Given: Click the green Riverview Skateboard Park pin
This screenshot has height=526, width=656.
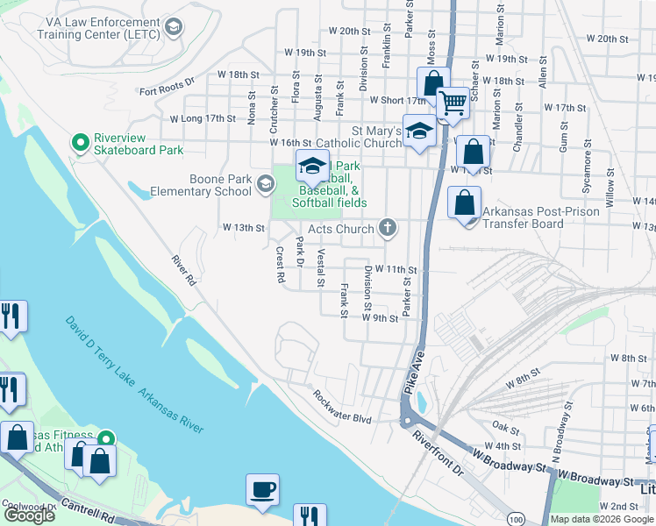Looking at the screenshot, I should [x=81, y=142].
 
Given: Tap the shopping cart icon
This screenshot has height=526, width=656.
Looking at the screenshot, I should [x=453, y=103].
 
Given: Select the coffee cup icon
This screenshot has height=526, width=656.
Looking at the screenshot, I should [x=262, y=489].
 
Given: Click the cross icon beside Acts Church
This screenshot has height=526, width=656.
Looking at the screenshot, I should [x=388, y=229].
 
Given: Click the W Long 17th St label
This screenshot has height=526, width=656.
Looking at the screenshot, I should [x=203, y=118].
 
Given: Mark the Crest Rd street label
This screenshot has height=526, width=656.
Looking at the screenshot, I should [x=281, y=264].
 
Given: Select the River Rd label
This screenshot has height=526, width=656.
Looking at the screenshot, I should [x=182, y=272].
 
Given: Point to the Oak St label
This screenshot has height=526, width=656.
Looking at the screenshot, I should [x=506, y=427].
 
